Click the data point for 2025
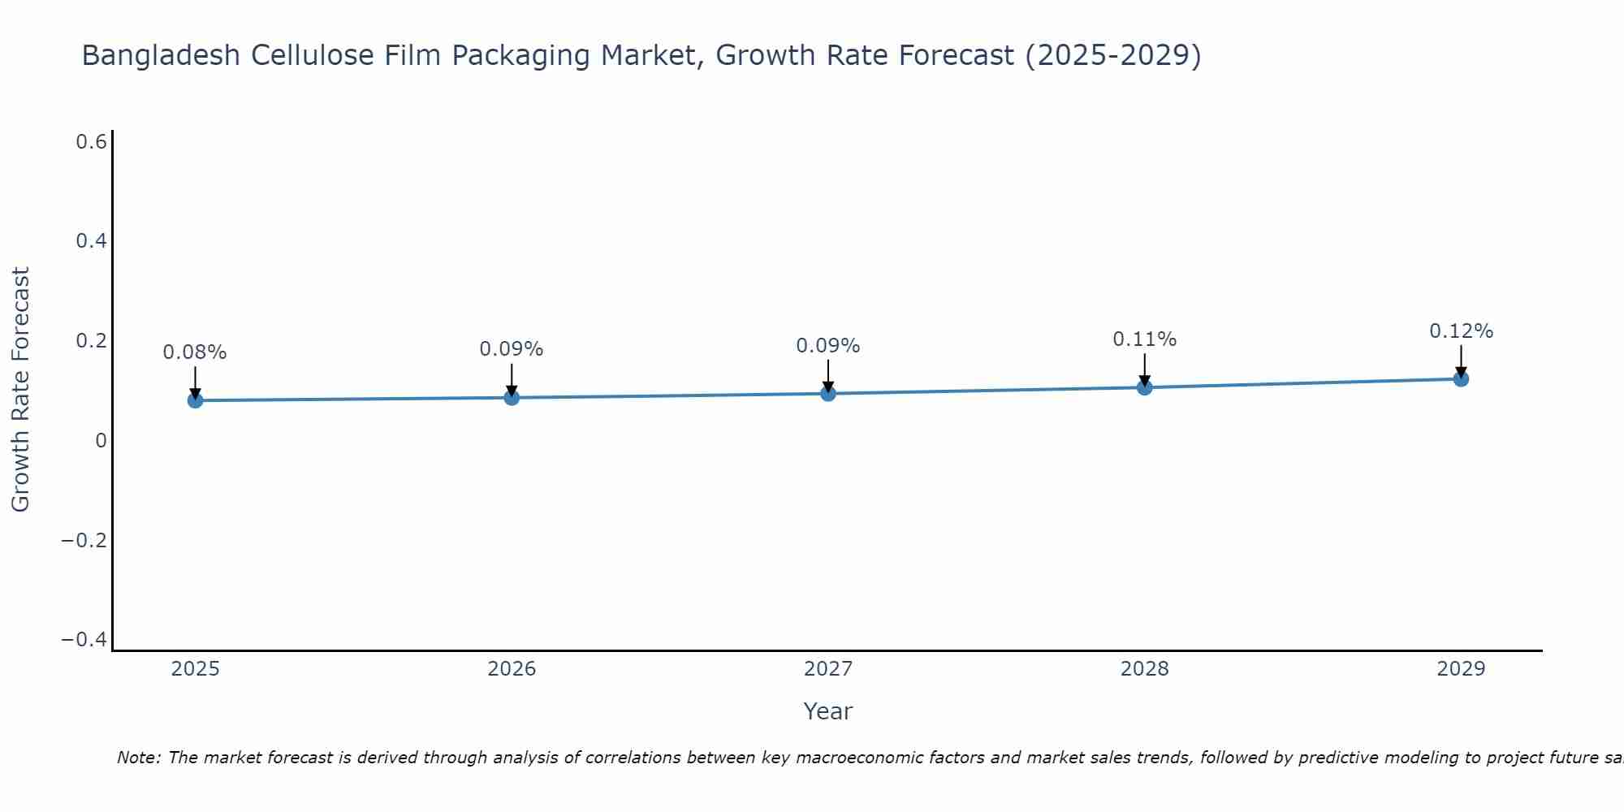195,400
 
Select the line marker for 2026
512,397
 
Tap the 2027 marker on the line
828,394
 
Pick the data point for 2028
1145,387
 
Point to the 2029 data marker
1461,378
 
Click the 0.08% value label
195,352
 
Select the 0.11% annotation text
1145,339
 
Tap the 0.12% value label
1461,331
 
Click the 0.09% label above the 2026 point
512,349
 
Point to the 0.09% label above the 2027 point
828,346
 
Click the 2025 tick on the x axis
196,669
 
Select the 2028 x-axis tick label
1145,669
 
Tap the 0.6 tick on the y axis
92,142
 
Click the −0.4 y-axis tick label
84,640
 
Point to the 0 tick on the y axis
101,441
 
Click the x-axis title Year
828,711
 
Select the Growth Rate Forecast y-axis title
20,390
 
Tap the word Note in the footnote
139,758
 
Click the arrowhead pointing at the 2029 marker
1461,372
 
